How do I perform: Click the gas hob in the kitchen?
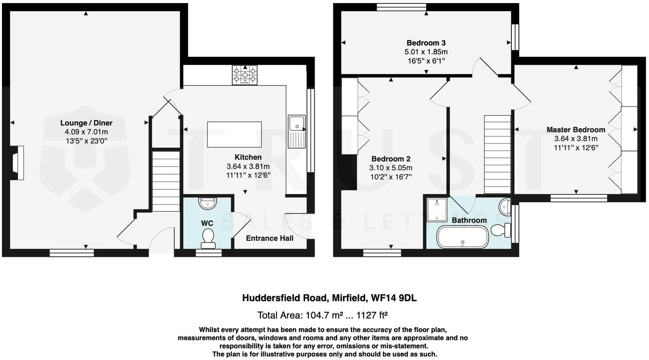pos(245,75)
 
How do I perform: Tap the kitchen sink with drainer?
pos(297,132)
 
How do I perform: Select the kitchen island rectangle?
pos(234,135)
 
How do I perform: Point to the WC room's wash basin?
pos(208,203)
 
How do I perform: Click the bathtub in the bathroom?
pos(463,237)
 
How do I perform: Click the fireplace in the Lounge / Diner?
pos(18,163)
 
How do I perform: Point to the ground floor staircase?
pos(166,181)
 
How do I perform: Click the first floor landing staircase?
pos(497,155)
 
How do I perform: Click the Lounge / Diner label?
pos(86,123)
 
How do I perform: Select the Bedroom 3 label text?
pos(426,43)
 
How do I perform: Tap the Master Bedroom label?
pos(576,130)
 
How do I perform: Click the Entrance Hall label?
pos(269,238)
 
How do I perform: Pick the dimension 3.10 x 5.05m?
pos(391,168)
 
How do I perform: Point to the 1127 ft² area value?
pos(372,316)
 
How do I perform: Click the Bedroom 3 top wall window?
pos(401,7)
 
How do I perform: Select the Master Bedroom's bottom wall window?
pos(578,198)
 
